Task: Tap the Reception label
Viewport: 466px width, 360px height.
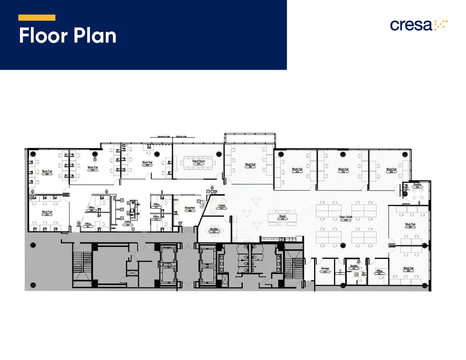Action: pyautogui.click(x=190, y=207)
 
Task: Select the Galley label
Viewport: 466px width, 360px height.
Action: pyautogui.click(x=128, y=222)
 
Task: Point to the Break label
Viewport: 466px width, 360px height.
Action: pyautogui.click(x=282, y=216)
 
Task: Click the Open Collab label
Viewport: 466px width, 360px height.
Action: pyautogui.click(x=346, y=217)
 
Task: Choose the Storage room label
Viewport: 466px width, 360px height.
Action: pyautogui.click(x=325, y=269)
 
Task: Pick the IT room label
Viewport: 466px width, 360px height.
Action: pyautogui.click(x=340, y=271)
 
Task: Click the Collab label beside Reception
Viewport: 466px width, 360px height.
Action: pyautogui.click(x=222, y=206)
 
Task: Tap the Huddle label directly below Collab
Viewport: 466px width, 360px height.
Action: pyautogui.click(x=214, y=230)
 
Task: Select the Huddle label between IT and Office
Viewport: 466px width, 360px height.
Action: pyautogui.click(x=353, y=266)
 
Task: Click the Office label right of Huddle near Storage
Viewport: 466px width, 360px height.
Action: pyautogui.click(x=379, y=271)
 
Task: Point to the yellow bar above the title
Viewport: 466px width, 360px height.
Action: pyautogui.click(x=37, y=18)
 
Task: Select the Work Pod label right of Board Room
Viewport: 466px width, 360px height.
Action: pyautogui.click(x=250, y=164)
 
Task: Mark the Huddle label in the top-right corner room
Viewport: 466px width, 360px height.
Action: pyautogui.click(x=417, y=184)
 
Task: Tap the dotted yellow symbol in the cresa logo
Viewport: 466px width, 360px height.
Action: pyautogui.click(x=441, y=25)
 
